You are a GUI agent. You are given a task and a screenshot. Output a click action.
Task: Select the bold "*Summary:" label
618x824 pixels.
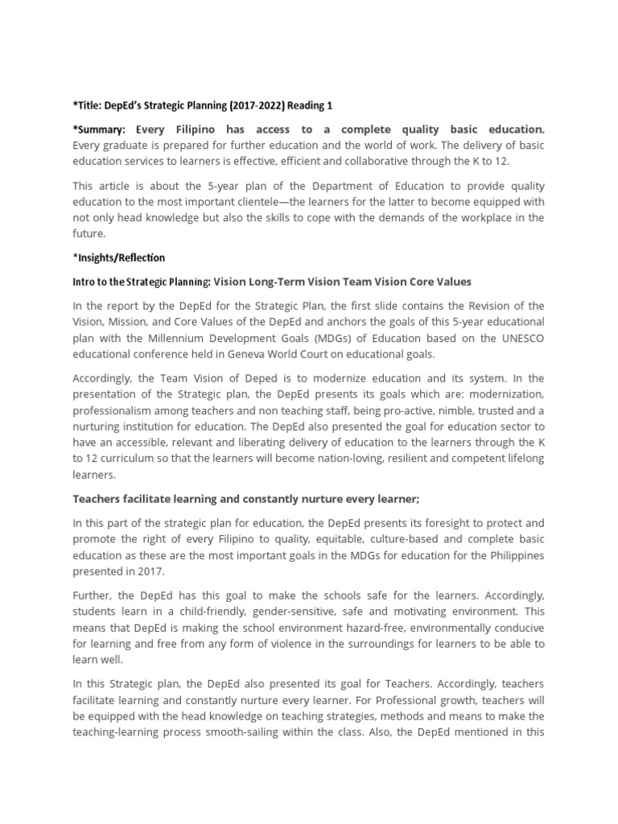click(x=100, y=130)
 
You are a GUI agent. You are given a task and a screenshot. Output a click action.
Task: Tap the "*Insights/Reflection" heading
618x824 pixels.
click(x=118, y=257)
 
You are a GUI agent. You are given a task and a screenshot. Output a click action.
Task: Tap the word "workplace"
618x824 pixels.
click(x=493, y=217)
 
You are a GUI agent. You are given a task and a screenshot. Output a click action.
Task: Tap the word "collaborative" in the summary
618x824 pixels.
click(x=394, y=162)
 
